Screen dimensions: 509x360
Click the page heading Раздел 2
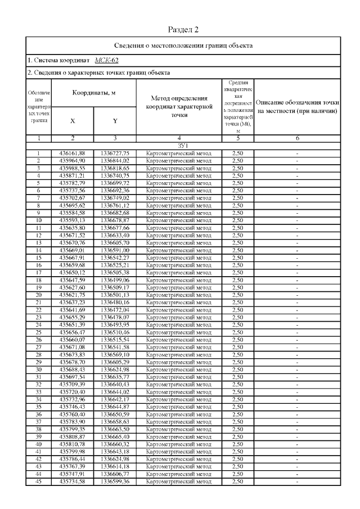click(183, 29)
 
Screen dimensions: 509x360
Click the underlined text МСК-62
click(106, 60)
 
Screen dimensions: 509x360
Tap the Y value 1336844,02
click(115, 160)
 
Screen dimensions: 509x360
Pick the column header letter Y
click(115, 120)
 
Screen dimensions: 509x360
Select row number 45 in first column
click(38, 481)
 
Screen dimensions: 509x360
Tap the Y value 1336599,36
click(115, 481)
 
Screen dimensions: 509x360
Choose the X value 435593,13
click(72, 221)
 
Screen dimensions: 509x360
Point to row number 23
click(38, 317)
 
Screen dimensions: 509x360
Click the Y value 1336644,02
click(115, 391)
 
